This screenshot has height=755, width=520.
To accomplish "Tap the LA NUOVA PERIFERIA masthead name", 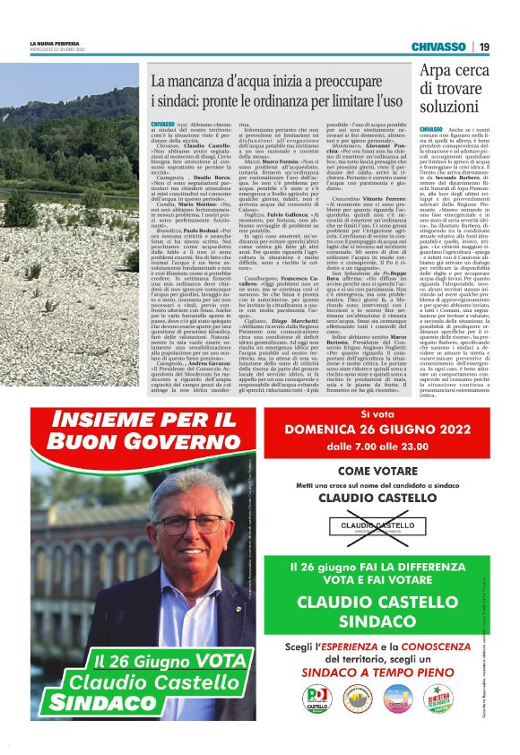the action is tap(53, 43).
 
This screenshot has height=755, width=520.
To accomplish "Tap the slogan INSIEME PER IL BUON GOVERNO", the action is tap(146, 429).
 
